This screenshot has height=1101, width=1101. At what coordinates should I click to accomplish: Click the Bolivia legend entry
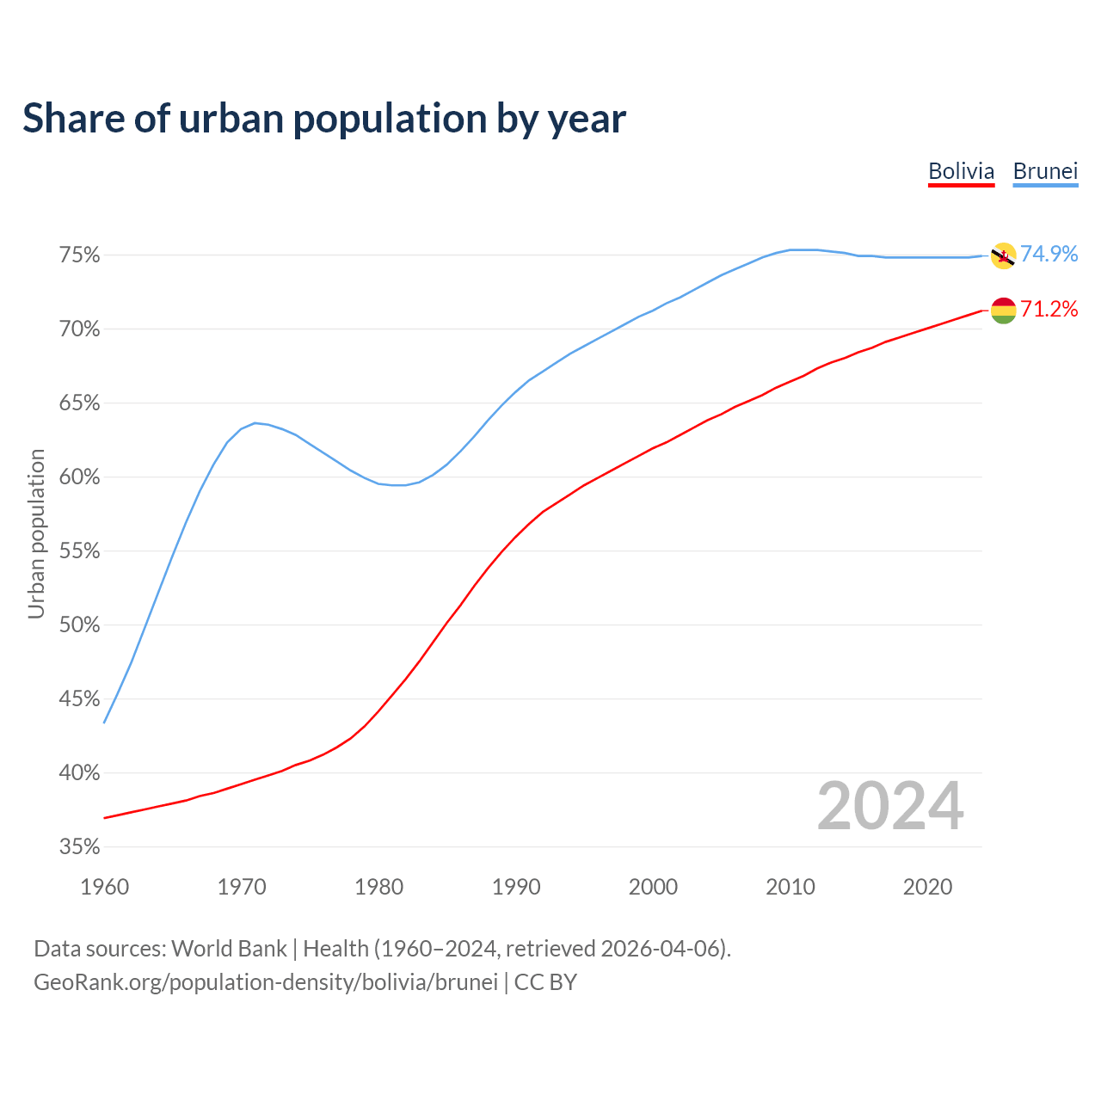(x=961, y=171)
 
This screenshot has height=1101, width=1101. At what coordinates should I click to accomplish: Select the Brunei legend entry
(x=1045, y=171)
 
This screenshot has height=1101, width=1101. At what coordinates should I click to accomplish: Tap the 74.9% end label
(x=1049, y=254)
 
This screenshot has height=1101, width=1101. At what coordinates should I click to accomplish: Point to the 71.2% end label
(x=1049, y=309)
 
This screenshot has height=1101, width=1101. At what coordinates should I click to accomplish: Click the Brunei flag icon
(x=1003, y=255)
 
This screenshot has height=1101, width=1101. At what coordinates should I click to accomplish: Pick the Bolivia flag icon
(x=1003, y=310)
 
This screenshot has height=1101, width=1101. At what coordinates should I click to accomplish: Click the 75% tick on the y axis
(x=80, y=255)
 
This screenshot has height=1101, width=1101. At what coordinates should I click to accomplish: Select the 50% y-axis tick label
(x=80, y=625)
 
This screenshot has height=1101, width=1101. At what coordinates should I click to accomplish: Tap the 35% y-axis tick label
(x=80, y=847)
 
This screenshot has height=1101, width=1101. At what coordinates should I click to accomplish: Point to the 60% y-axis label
(x=80, y=477)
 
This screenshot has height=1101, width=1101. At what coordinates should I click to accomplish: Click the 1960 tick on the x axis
(x=104, y=887)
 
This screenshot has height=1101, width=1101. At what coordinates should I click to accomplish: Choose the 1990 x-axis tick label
(x=516, y=887)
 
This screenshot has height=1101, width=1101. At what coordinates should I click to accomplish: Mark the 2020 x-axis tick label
(x=927, y=887)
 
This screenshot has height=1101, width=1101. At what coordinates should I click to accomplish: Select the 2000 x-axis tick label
(x=653, y=887)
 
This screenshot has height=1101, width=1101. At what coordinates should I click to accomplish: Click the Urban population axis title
(x=36, y=533)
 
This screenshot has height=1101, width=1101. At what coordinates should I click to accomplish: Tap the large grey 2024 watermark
(x=890, y=806)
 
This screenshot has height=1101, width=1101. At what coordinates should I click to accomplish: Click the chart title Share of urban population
(x=323, y=118)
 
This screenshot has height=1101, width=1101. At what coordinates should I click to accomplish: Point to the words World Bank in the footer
(x=229, y=949)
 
